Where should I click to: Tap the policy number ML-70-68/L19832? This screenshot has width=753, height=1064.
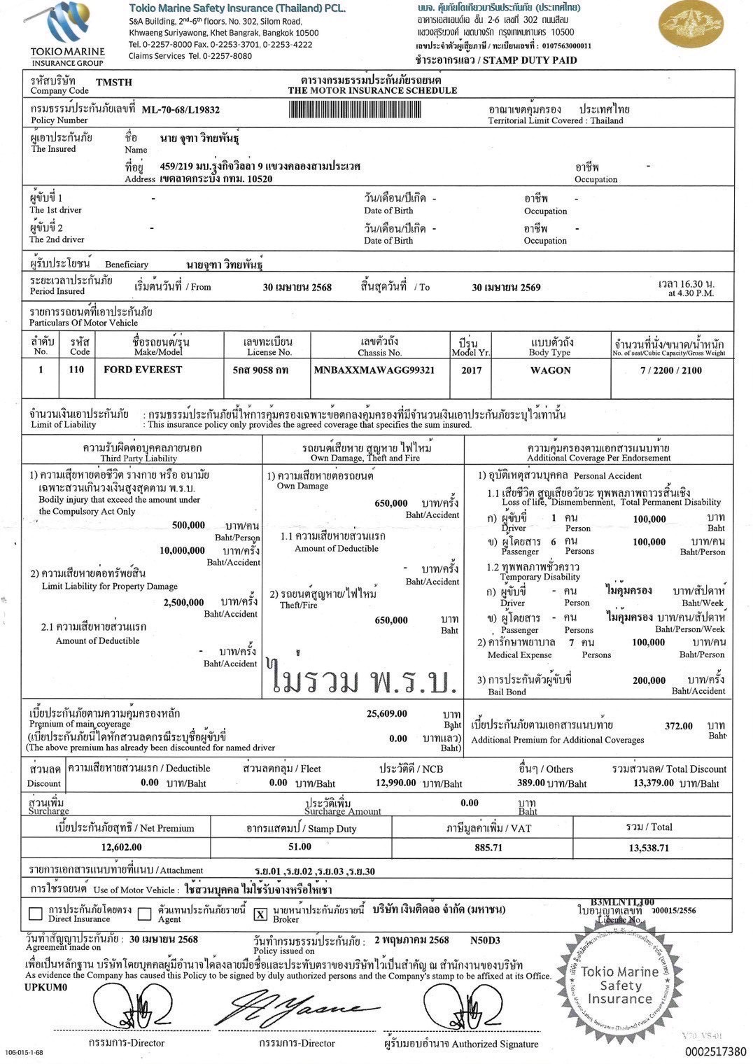pos(181,110)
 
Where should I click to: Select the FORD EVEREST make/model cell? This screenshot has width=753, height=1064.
pos(143,370)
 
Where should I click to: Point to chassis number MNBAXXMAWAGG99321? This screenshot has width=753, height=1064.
pos(374,370)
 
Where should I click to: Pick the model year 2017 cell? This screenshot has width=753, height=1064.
pos(472,370)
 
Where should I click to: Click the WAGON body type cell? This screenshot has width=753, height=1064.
pos(551,370)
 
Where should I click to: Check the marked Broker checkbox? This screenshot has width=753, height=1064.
pos(260,914)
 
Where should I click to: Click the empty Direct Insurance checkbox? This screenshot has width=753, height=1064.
pos(36,913)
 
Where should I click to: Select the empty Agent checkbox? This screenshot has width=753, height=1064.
pos(145,913)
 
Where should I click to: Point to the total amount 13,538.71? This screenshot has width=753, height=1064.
pos(649,848)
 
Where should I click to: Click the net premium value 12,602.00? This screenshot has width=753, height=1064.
pos(121,847)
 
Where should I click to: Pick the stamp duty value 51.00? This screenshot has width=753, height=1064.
pos(300,847)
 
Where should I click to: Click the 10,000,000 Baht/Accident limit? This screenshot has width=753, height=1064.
pos(182,550)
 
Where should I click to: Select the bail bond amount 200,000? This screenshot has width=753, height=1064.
pos(649,680)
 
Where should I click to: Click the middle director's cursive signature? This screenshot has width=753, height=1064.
pos(297,1008)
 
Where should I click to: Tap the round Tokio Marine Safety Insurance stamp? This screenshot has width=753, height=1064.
pos(619,983)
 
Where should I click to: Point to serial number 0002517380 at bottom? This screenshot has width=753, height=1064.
pos(715,1051)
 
